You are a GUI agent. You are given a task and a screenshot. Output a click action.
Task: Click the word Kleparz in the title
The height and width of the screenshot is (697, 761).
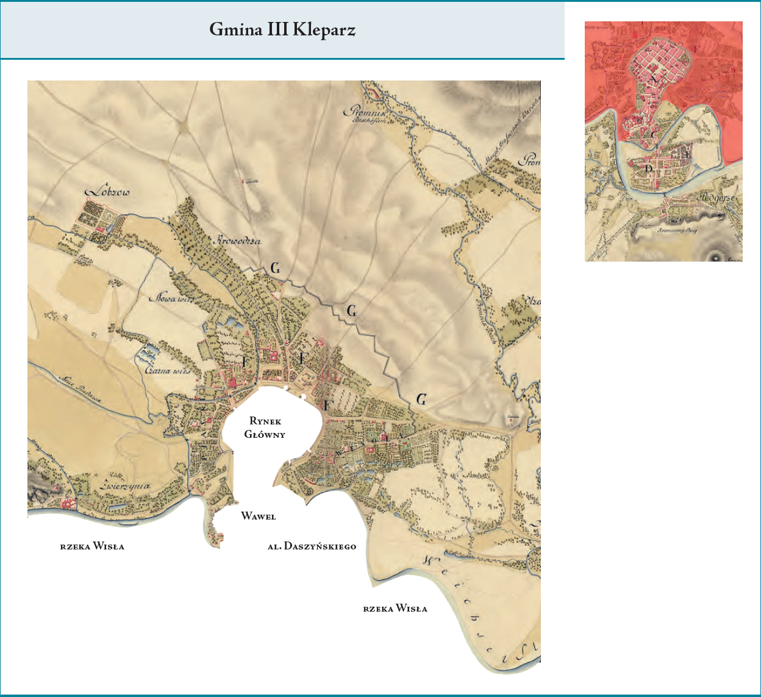tap(324, 29)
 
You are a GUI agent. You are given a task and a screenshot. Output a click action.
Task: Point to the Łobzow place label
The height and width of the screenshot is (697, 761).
tap(108, 191)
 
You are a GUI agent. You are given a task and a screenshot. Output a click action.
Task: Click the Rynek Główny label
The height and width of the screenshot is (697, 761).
tap(265, 427)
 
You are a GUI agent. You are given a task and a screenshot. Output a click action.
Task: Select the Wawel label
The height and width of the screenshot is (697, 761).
tap(259, 516)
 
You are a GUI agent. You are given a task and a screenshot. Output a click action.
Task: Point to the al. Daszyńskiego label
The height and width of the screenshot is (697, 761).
tap(312, 546)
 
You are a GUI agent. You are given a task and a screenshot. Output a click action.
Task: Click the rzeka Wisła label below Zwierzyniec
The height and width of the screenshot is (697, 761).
tap(92, 546)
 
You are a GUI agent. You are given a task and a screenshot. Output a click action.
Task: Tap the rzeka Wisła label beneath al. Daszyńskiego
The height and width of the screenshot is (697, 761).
tap(395, 608)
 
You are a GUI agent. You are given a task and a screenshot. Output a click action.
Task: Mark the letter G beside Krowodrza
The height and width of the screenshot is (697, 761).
tap(275, 268)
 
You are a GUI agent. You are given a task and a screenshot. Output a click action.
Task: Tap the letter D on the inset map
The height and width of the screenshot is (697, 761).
tap(649, 168)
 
